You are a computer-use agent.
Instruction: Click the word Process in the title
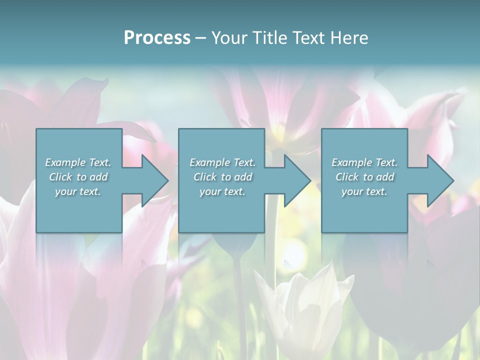point(157,38)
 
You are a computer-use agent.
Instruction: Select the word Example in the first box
point(65,162)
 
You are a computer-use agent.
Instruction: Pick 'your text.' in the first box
point(78,191)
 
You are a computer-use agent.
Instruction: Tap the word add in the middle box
point(243,177)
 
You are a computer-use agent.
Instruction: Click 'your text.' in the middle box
point(222,191)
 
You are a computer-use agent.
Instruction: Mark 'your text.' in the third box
point(364,191)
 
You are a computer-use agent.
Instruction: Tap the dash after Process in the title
point(200,38)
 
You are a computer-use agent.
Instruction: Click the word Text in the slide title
point(306,38)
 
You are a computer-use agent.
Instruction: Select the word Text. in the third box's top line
point(386,162)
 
